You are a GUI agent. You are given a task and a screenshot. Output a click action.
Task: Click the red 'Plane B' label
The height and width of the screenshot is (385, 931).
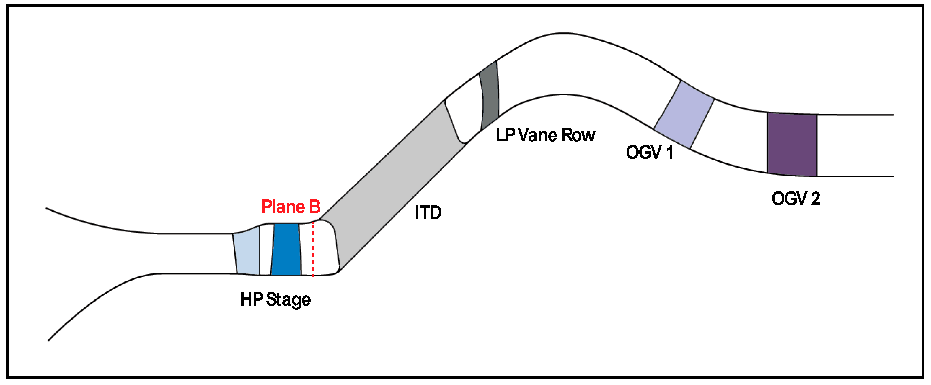(x=291, y=207)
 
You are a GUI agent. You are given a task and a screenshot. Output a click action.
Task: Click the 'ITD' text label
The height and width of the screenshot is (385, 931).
(x=428, y=212)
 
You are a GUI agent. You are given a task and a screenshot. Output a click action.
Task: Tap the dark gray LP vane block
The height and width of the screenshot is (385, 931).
(x=490, y=96)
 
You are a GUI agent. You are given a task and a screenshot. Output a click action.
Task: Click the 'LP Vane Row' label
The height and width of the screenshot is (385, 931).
(x=545, y=135)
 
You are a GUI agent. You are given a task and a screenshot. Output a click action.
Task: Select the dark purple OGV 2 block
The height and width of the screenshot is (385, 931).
(x=792, y=145)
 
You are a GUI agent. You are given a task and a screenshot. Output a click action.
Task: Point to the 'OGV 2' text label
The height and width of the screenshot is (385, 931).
(x=795, y=198)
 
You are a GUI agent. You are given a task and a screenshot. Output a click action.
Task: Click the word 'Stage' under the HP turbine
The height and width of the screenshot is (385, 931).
(x=288, y=300)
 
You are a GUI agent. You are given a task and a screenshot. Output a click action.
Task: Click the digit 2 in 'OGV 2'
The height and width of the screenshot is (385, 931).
(x=815, y=198)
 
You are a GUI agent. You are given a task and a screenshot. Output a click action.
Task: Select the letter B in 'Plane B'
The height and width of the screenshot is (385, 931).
(x=314, y=207)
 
